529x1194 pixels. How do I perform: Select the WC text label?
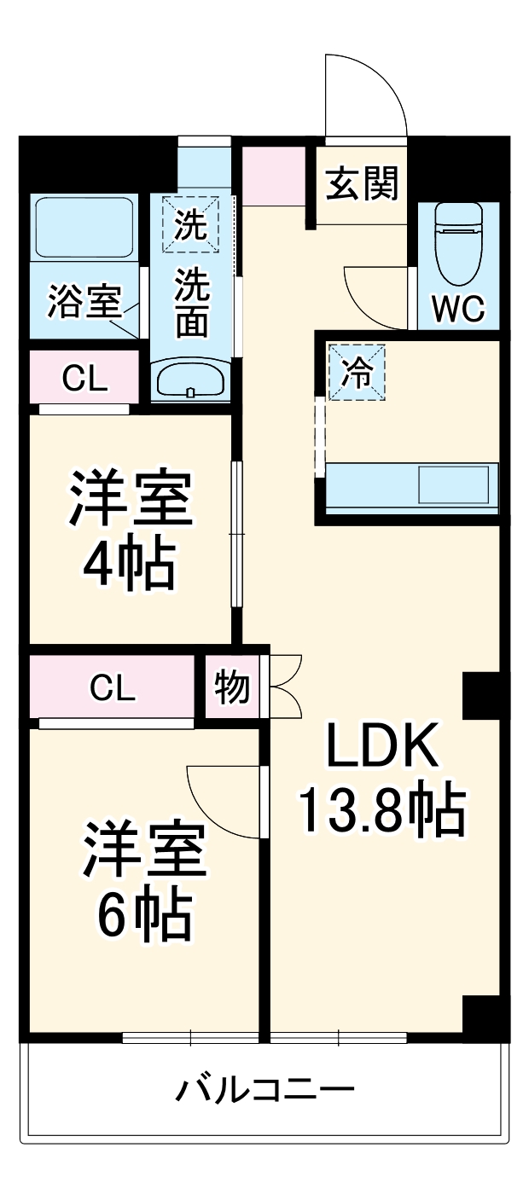point(457,309)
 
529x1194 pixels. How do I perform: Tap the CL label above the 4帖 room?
point(84,380)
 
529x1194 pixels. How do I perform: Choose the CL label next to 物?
point(113,687)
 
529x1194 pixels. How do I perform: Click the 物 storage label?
point(232,687)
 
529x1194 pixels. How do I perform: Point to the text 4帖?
point(130,563)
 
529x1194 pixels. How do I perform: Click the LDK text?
point(381,747)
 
